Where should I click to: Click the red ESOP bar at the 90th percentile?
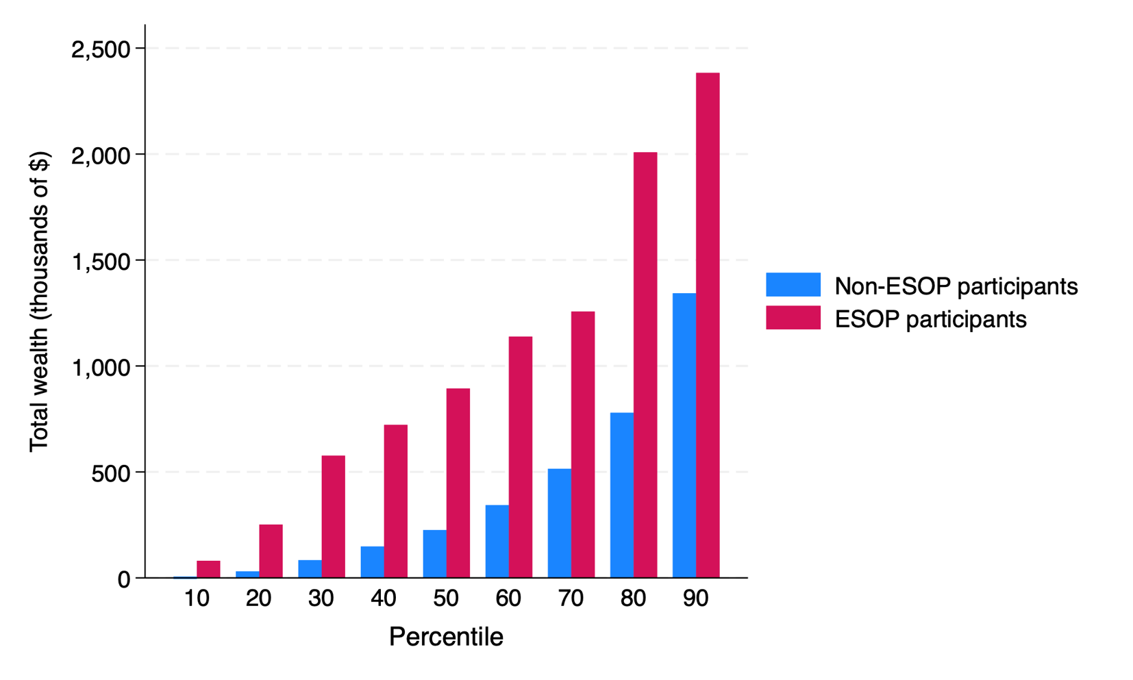pyautogui.click(x=708, y=325)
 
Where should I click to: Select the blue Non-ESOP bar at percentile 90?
pyautogui.click(x=684, y=436)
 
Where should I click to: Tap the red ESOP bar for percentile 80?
pyautogui.click(x=645, y=365)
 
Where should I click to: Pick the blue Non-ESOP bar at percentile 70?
pyautogui.click(x=559, y=523)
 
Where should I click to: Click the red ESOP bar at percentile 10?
pyautogui.click(x=208, y=570)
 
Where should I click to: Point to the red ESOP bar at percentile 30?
pyautogui.click(x=333, y=517)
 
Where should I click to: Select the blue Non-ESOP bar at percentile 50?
pyautogui.click(x=434, y=554)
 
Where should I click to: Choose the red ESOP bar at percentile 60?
pyautogui.click(x=521, y=457)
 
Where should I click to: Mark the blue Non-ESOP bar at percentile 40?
pyautogui.click(x=372, y=562)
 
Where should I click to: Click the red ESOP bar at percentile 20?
pyautogui.click(x=271, y=551)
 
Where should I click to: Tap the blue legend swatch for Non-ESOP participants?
pyautogui.click(x=793, y=285)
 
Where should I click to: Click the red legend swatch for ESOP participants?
pyautogui.click(x=793, y=318)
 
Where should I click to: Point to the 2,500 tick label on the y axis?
pyautogui.click(x=100, y=49)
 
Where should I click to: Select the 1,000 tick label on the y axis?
pyautogui.click(x=100, y=367)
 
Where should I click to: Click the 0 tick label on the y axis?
pyautogui.click(x=123, y=579)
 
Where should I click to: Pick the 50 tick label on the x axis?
pyautogui.click(x=446, y=599)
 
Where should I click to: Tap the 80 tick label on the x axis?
pyautogui.click(x=633, y=599)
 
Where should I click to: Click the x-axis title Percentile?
pyautogui.click(x=446, y=637)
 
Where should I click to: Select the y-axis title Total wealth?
pyautogui.click(x=39, y=301)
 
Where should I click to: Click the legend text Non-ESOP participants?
pyautogui.click(x=956, y=286)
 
